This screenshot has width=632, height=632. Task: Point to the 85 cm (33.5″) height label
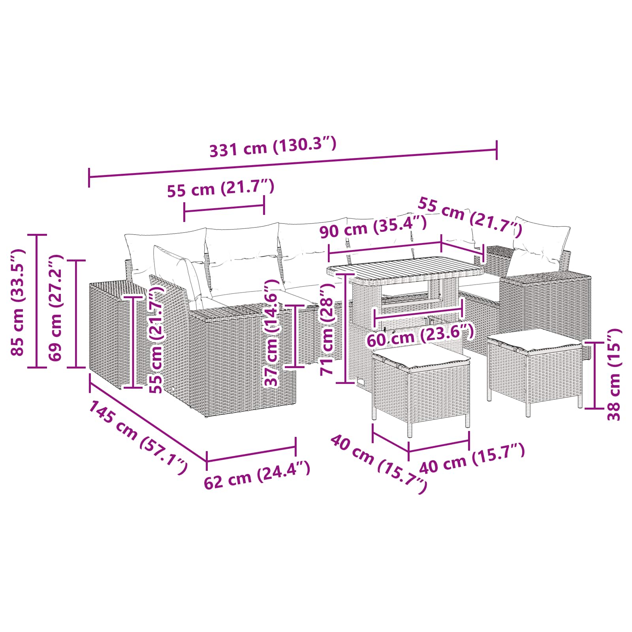point(18,303)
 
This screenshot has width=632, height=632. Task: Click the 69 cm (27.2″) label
point(55,308)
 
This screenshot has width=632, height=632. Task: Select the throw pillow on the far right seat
point(539,244)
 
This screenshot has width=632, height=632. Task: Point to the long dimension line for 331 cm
point(293,164)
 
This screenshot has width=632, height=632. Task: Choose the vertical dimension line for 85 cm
point(37,301)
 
